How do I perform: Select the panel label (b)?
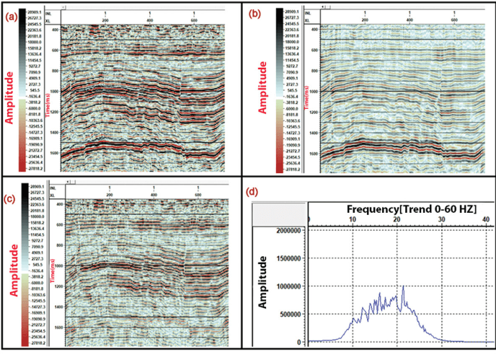(x=254, y=13)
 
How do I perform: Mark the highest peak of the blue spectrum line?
(x=404, y=286)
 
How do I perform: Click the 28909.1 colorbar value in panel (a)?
(x=36, y=13)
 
